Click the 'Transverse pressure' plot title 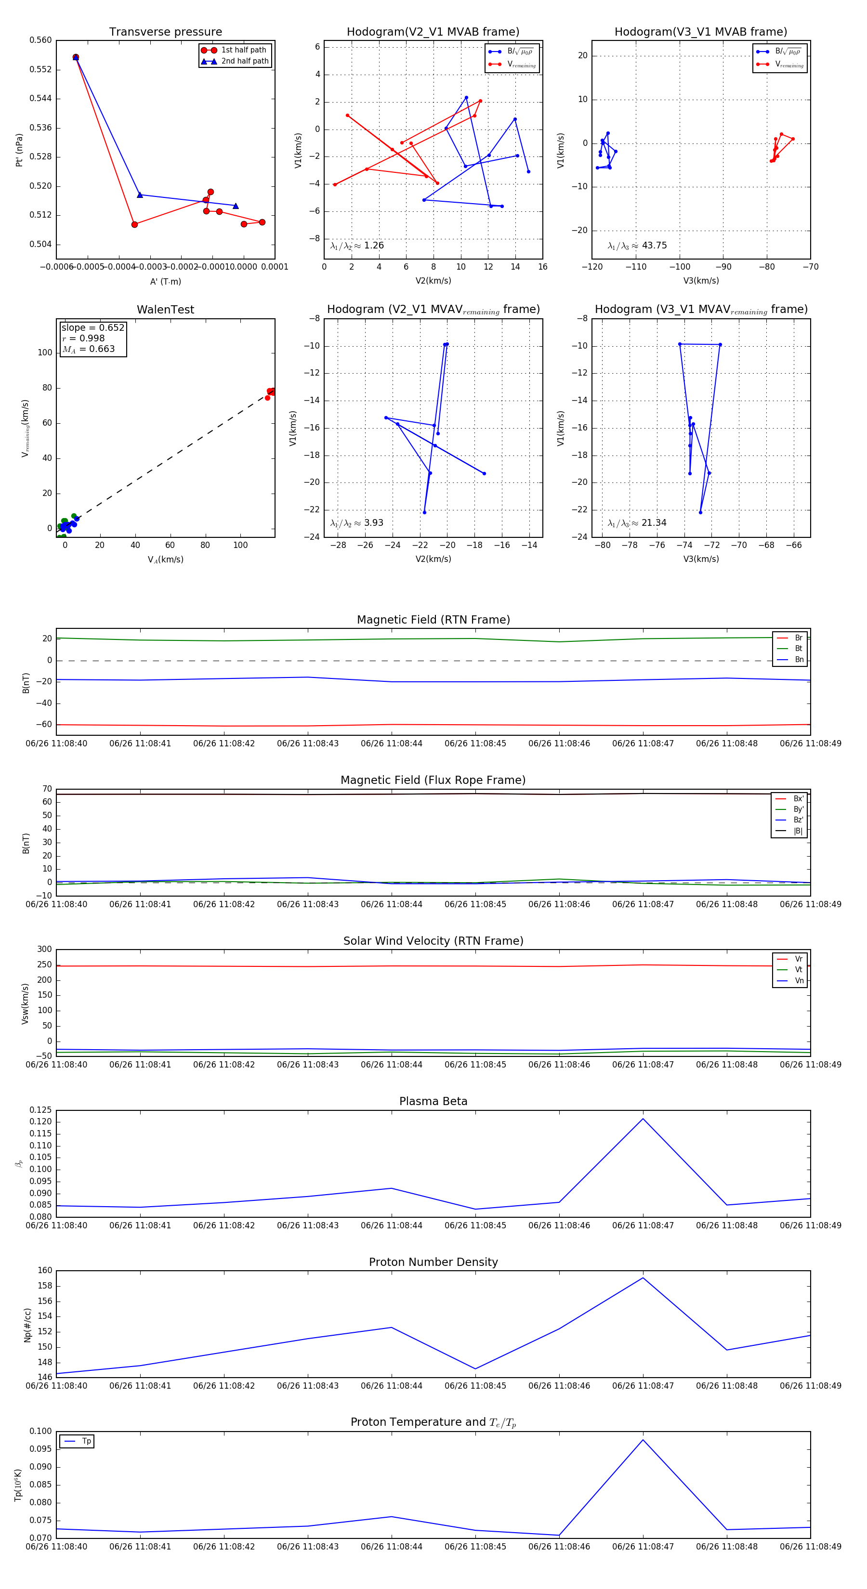point(165,32)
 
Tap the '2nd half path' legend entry point(244,61)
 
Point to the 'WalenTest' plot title point(165,310)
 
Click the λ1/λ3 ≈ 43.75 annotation point(637,246)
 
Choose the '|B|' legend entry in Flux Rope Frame point(797,831)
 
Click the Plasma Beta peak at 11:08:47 point(643,1119)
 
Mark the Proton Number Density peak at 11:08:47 point(643,1277)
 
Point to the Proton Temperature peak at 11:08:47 point(643,1440)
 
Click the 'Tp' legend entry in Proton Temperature point(86,1441)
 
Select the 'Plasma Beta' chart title point(433,1101)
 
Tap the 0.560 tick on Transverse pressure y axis point(41,41)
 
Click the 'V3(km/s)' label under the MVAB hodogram point(701,281)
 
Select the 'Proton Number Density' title point(433,1262)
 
